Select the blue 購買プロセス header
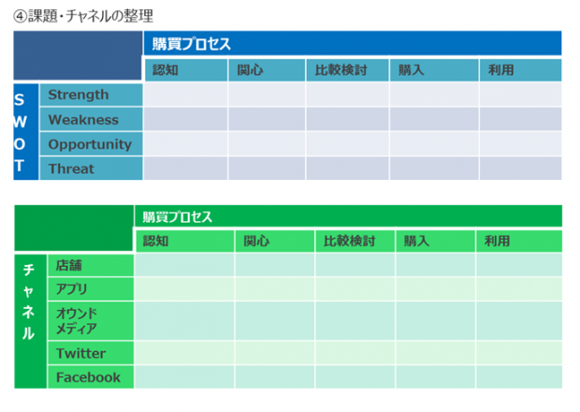191,44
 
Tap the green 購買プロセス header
178,217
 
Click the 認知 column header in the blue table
166,70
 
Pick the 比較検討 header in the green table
349,241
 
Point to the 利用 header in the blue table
500,70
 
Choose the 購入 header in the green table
416,241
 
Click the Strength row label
79,95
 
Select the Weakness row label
83,120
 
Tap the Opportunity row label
90,144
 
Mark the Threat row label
71,169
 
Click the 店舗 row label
69,265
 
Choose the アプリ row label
71,288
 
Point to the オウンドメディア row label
77,321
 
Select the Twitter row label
81,353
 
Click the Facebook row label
89,377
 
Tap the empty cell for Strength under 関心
267,95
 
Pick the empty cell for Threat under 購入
434,169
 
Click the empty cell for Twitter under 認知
184,353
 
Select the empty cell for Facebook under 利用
519,377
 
